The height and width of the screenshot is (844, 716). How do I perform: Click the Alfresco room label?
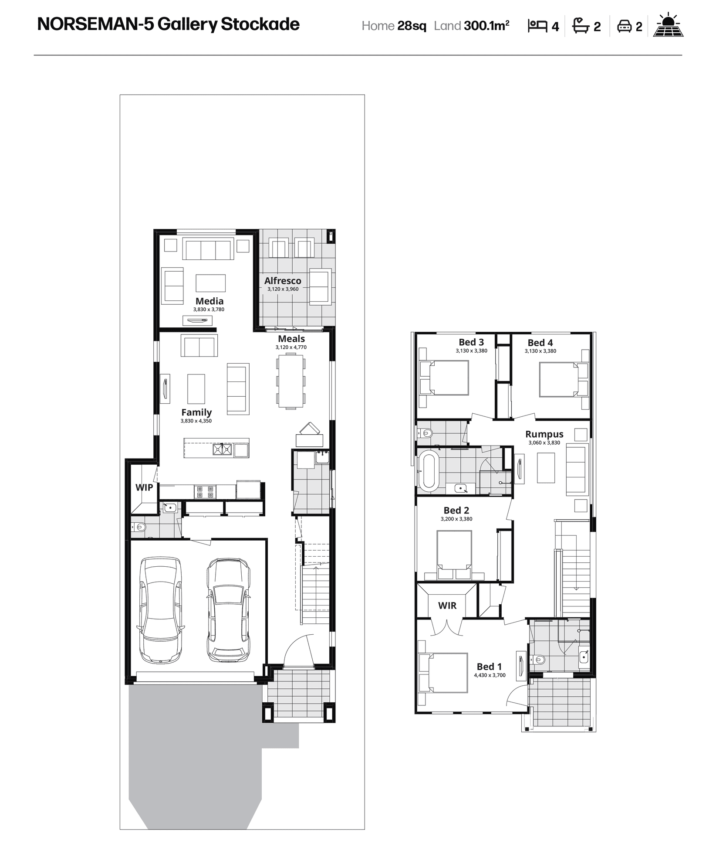point(283,281)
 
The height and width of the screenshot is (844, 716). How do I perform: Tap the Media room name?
point(209,301)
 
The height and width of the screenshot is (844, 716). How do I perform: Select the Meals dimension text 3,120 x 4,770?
point(291,347)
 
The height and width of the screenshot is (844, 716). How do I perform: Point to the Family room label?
point(196,412)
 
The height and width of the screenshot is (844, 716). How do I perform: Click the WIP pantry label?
point(144,487)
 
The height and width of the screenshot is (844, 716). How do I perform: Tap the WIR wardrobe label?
point(447,606)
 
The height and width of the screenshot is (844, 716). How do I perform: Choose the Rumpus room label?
point(544,434)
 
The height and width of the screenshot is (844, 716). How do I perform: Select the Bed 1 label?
point(489,667)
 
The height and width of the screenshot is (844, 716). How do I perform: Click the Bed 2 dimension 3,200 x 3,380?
point(456,519)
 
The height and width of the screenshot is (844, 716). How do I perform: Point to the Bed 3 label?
point(471,342)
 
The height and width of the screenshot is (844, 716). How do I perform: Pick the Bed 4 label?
point(540,343)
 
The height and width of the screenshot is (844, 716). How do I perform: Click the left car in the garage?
point(161,610)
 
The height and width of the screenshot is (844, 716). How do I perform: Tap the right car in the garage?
point(228,610)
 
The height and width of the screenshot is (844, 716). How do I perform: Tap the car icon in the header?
point(625,26)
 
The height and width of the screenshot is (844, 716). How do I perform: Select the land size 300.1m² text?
point(486,26)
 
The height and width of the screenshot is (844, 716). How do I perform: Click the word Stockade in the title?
point(260,24)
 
